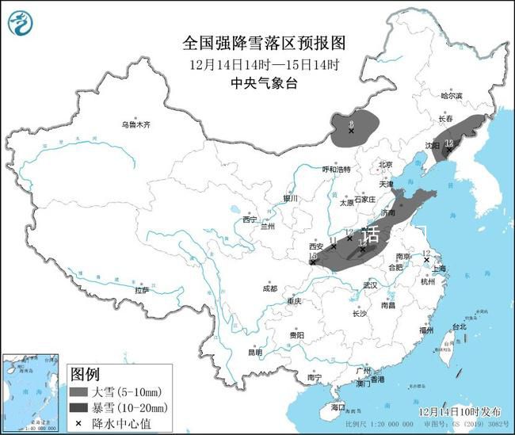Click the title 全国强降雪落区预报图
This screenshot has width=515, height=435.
click(x=257, y=43)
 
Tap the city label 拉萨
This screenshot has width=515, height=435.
click(x=142, y=291)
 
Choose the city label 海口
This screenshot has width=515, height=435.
click(x=338, y=407)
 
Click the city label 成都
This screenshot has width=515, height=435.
click(x=269, y=288)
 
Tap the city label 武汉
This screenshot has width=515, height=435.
click(x=368, y=284)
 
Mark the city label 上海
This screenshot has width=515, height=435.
click(x=437, y=269)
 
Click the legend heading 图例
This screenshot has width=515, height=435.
click(x=85, y=374)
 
